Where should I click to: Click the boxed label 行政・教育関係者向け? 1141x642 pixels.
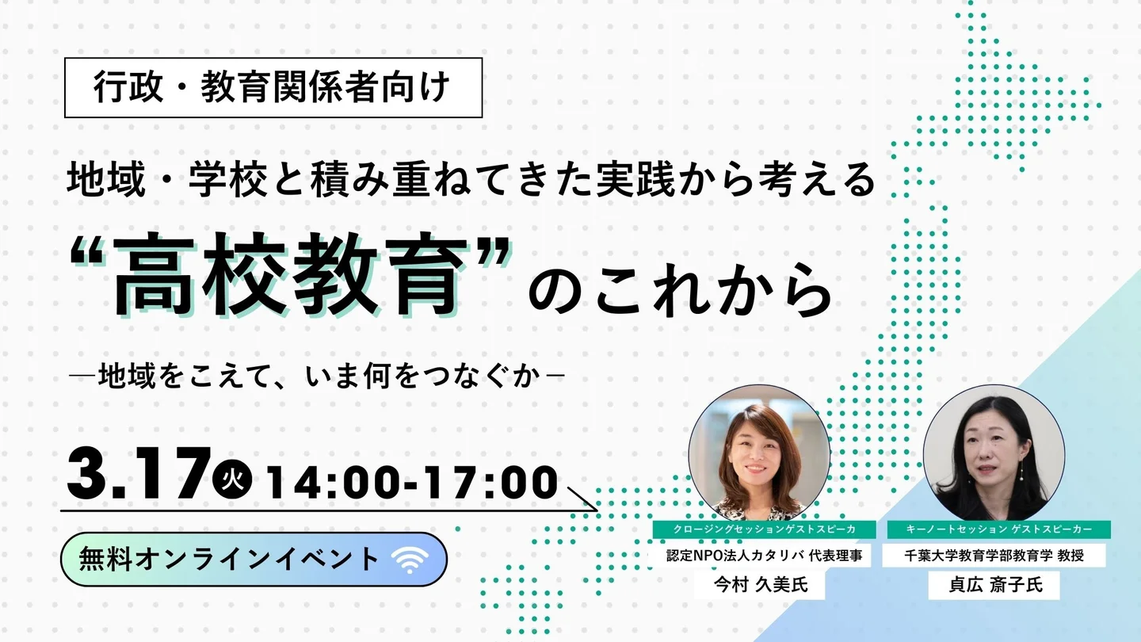(x=273, y=88)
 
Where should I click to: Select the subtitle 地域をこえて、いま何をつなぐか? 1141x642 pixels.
(x=319, y=376)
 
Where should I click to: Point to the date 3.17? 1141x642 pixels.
(x=139, y=473)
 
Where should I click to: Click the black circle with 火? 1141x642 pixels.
(x=232, y=479)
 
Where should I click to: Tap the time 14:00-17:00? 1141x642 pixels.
(x=412, y=482)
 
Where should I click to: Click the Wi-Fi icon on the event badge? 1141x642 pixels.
(x=410, y=560)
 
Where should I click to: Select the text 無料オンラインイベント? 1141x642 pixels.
(x=229, y=560)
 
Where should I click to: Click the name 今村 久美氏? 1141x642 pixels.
(x=761, y=584)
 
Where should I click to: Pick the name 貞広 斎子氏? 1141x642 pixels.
(x=995, y=584)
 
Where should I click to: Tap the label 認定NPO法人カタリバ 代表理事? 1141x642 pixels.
(x=764, y=556)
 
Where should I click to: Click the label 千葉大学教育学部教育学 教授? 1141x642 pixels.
(x=994, y=556)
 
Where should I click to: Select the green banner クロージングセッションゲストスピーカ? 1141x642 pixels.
(x=764, y=529)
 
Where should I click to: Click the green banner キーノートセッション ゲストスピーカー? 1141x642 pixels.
(x=999, y=529)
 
